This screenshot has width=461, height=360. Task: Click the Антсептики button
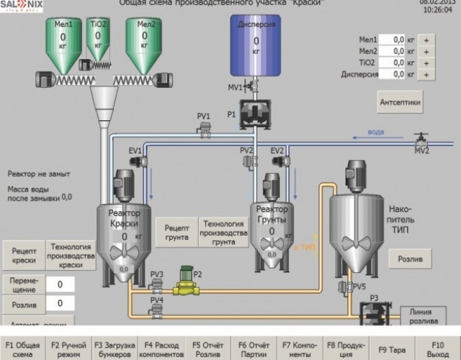pyautogui.click(x=400, y=103)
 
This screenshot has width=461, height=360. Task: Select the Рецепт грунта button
pyautogui.click(x=176, y=230)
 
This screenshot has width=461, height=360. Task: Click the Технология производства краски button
pyautogui.click(x=71, y=256)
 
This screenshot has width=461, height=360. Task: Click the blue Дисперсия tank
pyautogui.click(x=256, y=45)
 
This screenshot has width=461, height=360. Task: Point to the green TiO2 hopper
pyautogui.click(x=98, y=36)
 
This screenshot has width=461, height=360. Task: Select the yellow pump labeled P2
pyautogui.click(x=187, y=284)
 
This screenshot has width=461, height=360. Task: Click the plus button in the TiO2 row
pyautogui.click(x=426, y=63)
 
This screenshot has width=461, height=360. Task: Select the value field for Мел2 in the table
pyautogui.click(x=393, y=51)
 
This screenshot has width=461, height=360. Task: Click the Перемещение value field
pyautogui.click(x=61, y=284)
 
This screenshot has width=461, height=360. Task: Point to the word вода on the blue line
pyautogui.click(x=376, y=132)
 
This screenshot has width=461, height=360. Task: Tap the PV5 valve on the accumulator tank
pyautogui.click(x=344, y=287)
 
